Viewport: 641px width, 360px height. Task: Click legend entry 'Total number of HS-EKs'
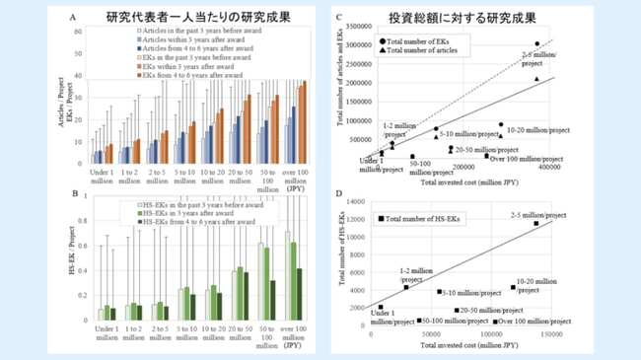tap(424, 218)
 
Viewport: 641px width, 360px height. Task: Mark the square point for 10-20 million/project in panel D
tap(513, 287)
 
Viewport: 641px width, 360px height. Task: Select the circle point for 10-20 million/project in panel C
tap(501, 125)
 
